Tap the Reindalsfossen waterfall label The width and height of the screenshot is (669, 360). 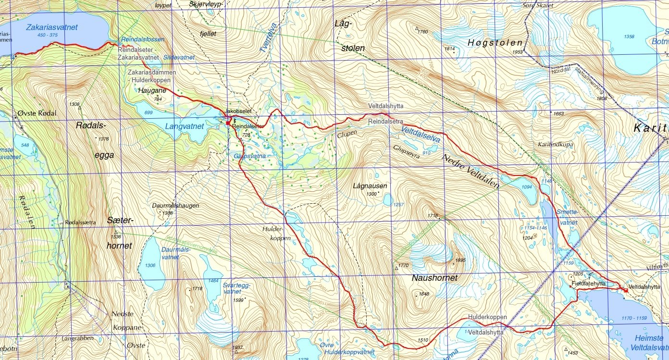tap(143, 39)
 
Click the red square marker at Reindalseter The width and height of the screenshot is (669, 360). tap(228, 122)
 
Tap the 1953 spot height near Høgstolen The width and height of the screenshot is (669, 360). tap(517, 52)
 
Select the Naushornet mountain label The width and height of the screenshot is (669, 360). tap(434, 278)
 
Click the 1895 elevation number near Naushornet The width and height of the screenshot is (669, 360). tap(459, 260)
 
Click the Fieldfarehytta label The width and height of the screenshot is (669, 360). tap(588, 284)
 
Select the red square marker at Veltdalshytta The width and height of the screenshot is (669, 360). tap(625, 290)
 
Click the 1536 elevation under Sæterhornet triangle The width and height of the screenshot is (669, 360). tap(116, 236)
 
